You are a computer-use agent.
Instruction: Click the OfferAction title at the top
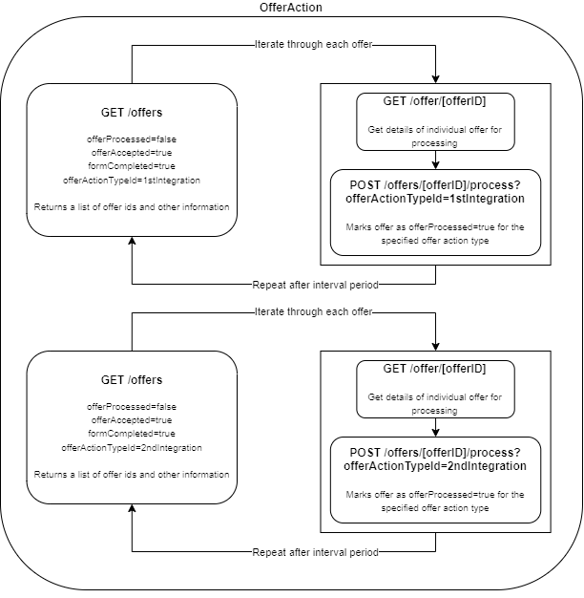tap(291, 8)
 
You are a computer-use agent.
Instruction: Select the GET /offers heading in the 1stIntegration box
tap(132, 112)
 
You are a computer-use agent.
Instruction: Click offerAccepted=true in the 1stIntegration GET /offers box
tap(132, 153)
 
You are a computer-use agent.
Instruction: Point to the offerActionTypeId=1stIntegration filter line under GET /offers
tap(132, 179)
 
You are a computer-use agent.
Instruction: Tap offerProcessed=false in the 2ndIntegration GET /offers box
tap(132, 407)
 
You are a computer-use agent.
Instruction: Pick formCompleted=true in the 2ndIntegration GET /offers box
tap(132, 434)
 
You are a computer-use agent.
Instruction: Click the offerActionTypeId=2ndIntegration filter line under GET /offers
tap(132, 447)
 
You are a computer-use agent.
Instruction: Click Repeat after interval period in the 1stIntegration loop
tap(315, 285)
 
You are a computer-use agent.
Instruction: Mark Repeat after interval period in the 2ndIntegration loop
tap(315, 552)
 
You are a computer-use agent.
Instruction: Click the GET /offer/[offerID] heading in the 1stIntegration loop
tap(435, 101)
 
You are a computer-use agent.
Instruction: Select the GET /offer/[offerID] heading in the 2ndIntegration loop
tap(435, 369)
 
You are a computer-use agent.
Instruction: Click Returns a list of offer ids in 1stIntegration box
tap(132, 206)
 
